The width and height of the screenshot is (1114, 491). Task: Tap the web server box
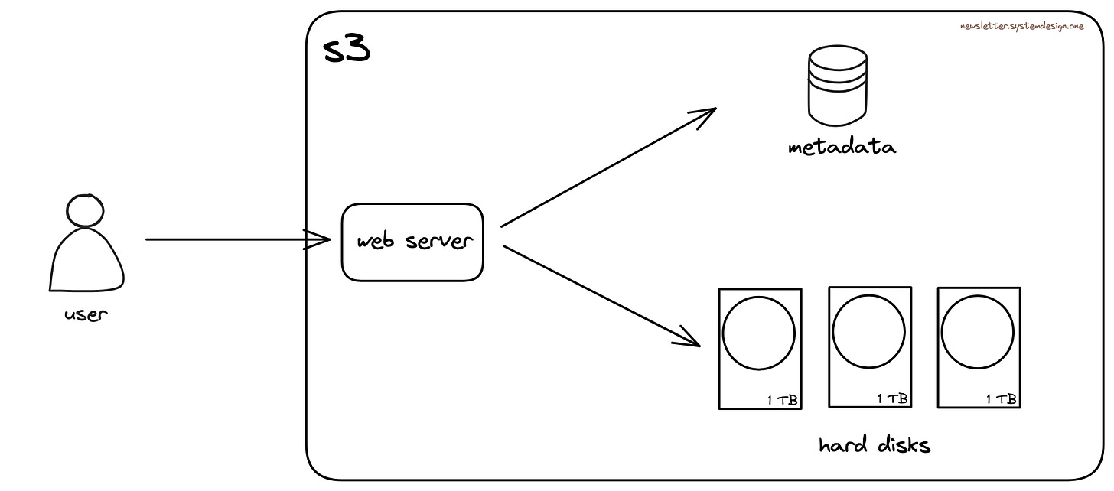point(412,242)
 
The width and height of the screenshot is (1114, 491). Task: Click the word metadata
point(842,147)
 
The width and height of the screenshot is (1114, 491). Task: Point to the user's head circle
point(85,209)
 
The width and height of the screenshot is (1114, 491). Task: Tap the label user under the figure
point(86,314)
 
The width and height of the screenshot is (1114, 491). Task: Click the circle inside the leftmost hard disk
point(758,333)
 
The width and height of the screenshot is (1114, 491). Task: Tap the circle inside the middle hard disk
point(868,331)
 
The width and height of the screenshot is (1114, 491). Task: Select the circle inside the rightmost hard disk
point(977,332)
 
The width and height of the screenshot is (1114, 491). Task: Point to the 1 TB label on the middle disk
point(892,398)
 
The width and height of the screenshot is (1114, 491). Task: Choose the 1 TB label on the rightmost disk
point(1001,398)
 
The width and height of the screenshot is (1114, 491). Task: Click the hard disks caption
point(874,445)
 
